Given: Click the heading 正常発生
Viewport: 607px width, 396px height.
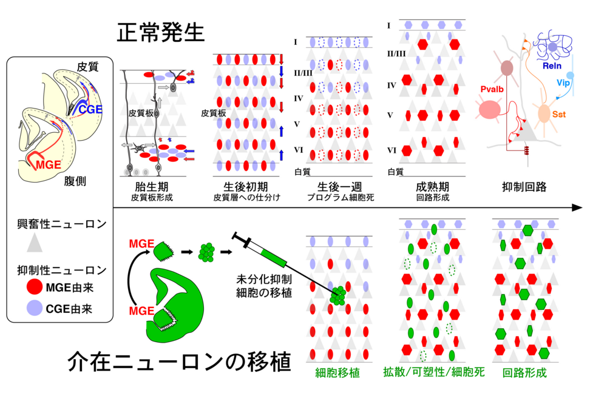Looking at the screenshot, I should tap(160, 33).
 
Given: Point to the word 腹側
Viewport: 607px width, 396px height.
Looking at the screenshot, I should tap(75, 184).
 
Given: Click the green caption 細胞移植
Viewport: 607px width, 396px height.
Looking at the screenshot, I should tap(337, 373).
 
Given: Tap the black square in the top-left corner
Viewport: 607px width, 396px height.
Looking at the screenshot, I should tap(15, 28).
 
